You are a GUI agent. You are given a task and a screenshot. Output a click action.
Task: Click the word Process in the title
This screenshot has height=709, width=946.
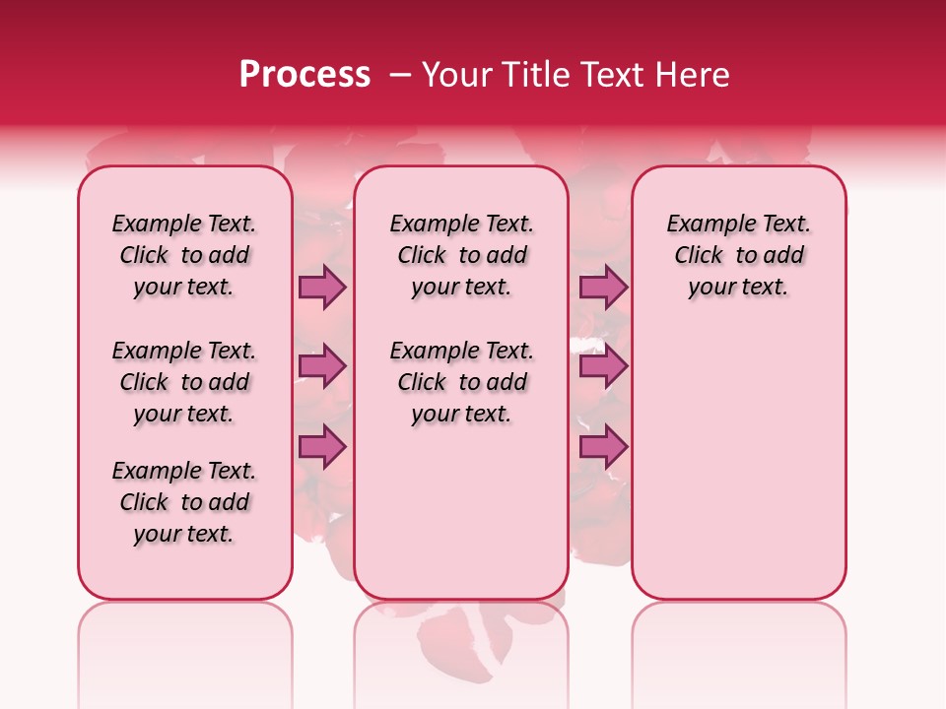pyautogui.click(x=304, y=75)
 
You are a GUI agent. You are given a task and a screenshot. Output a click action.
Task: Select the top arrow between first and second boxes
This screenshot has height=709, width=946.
pyautogui.click(x=322, y=288)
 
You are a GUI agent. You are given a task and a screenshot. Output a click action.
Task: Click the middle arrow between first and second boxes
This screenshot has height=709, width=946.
pyautogui.click(x=322, y=367)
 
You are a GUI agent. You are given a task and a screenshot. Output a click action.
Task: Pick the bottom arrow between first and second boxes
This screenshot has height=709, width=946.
pyautogui.click(x=322, y=447)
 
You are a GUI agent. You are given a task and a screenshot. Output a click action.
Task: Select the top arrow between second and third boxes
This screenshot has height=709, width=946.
pyautogui.click(x=603, y=288)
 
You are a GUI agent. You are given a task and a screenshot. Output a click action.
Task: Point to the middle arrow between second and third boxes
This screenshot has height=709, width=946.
pyautogui.click(x=603, y=367)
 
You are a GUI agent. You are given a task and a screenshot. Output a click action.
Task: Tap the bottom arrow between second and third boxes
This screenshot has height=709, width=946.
pyautogui.click(x=603, y=447)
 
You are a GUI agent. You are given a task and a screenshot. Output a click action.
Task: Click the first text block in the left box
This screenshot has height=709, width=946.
pyautogui.click(x=184, y=255)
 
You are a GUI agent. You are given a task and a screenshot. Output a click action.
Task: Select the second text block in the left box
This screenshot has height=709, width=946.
pyautogui.click(x=184, y=382)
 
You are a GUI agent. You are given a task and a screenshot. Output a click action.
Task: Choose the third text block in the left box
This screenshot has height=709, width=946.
pyautogui.click(x=184, y=502)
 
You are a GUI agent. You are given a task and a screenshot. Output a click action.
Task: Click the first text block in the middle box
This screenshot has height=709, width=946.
pyautogui.click(x=461, y=255)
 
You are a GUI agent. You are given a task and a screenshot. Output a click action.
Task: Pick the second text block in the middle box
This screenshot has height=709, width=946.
pyautogui.click(x=461, y=382)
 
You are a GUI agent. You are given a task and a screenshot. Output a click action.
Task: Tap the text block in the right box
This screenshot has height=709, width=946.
pyautogui.click(x=738, y=255)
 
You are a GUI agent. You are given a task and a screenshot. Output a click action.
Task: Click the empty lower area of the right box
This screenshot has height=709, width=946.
pyautogui.click(x=738, y=463)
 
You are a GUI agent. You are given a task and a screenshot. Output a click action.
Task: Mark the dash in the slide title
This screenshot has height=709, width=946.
pyautogui.click(x=400, y=75)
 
